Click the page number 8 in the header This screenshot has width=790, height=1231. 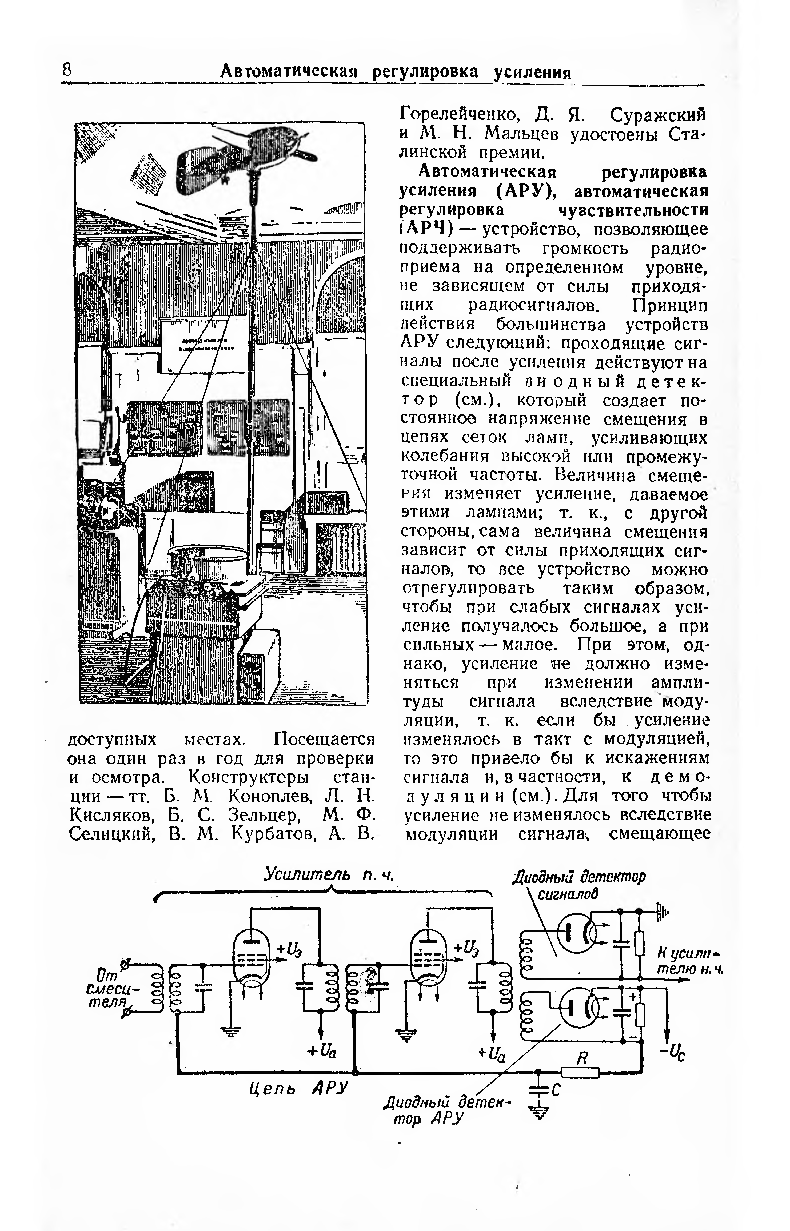tap(67, 70)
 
